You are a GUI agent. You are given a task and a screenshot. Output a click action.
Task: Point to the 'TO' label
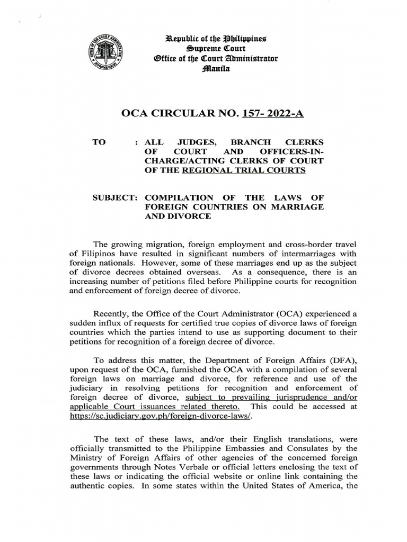[100, 142]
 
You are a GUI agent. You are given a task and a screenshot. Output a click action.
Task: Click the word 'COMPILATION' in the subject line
[179, 197]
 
